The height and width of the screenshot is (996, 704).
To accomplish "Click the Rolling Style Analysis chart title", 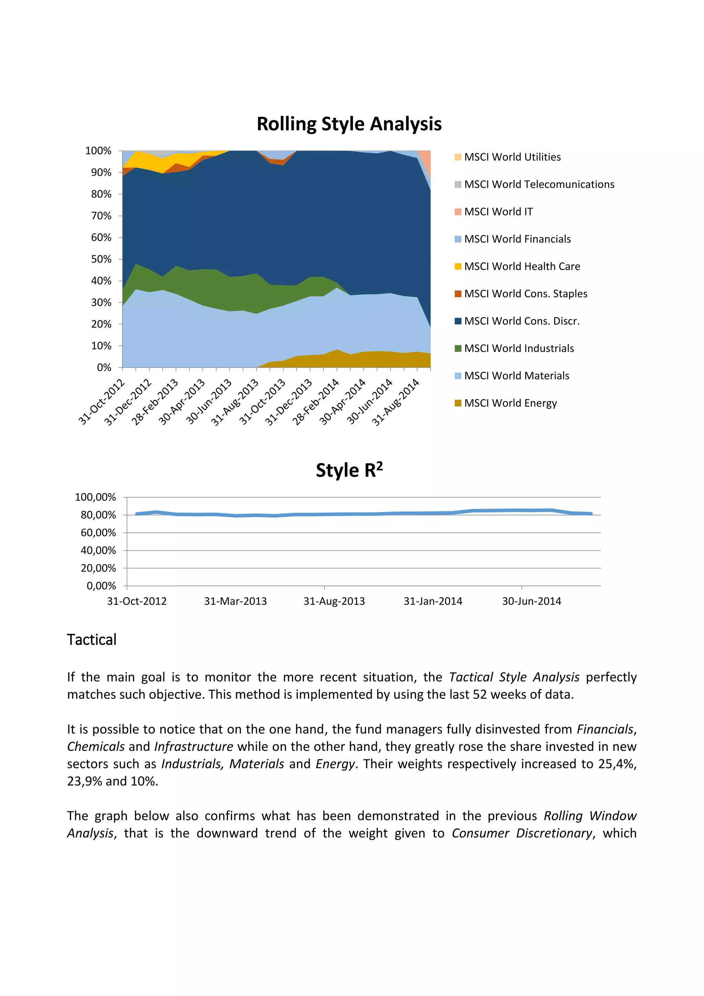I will (349, 124).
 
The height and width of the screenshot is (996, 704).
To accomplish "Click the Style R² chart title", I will (349, 470).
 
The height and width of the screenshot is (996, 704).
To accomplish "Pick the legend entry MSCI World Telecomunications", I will (539, 184).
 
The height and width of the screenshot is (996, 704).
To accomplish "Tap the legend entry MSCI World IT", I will (498, 212).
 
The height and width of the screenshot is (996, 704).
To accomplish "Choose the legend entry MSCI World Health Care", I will (522, 266).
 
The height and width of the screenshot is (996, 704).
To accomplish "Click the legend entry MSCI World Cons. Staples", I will (525, 294).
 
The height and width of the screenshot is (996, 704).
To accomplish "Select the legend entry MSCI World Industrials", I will (519, 348).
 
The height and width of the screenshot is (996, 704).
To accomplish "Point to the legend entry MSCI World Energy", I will (510, 403).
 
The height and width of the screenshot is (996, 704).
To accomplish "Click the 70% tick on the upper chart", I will (101, 216).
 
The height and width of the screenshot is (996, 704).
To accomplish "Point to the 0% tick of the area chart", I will (104, 367).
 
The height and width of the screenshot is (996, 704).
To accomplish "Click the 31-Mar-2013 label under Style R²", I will (235, 601).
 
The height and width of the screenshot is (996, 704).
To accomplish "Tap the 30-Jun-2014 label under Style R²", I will (531, 601).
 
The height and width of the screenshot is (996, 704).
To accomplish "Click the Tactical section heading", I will (91, 640).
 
